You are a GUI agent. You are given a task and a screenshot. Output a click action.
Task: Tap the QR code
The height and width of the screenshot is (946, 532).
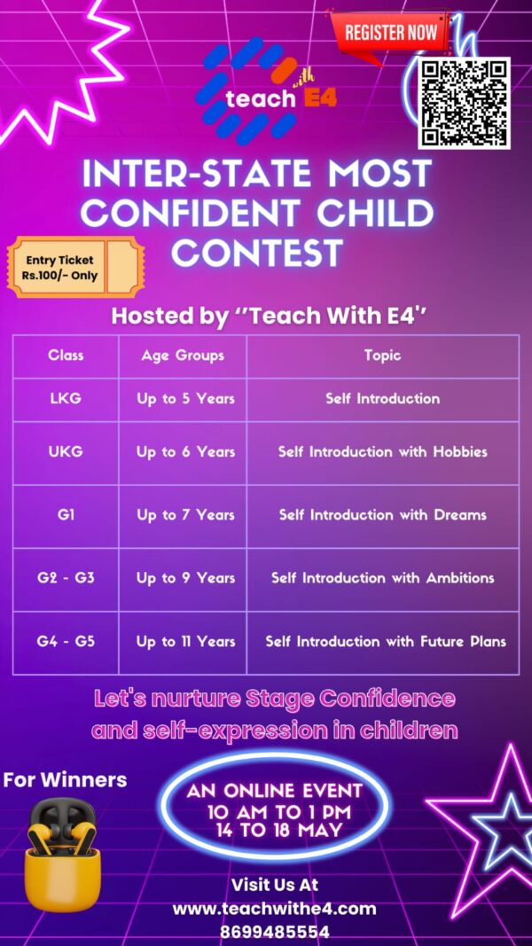[x=465, y=103]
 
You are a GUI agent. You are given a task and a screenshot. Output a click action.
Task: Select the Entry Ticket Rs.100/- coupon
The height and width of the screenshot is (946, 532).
[x=75, y=267]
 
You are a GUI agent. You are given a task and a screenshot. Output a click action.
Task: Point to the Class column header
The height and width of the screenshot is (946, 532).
[x=66, y=356]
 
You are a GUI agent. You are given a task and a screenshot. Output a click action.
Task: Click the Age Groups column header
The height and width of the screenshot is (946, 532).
[x=182, y=356]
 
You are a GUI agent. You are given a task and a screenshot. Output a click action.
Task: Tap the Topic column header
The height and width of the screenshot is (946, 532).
[x=382, y=356]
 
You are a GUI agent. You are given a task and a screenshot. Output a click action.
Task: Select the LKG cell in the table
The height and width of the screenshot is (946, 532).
[x=66, y=399]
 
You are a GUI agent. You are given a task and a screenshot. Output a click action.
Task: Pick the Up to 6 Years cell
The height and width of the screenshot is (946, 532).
[x=185, y=452]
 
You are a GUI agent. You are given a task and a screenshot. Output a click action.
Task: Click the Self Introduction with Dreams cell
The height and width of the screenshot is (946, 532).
[x=382, y=515]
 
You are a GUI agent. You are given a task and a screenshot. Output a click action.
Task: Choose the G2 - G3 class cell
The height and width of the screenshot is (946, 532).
[x=66, y=578]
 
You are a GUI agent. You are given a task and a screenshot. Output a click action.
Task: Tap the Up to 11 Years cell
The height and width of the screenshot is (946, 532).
[x=185, y=641]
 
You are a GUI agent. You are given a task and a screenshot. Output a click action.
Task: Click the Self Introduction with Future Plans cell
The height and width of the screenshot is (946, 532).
[x=386, y=641]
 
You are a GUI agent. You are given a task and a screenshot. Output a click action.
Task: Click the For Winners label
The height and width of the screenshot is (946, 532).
[x=65, y=779]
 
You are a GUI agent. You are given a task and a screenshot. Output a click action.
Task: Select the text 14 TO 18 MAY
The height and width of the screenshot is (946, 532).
[x=278, y=831]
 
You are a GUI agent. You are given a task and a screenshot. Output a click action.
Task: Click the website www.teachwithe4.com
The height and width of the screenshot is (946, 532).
[x=275, y=909]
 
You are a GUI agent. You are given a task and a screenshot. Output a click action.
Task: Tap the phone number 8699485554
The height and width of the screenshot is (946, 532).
[x=275, y=932]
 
